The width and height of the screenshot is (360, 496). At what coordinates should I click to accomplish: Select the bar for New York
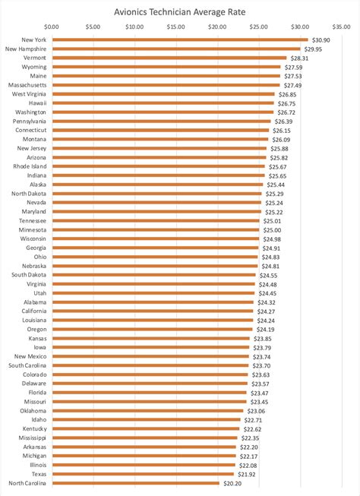click(179, 39)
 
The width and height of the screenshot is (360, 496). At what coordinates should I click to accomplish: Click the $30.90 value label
click(321, 39)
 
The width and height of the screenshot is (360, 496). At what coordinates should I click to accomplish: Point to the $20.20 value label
click(232, 482)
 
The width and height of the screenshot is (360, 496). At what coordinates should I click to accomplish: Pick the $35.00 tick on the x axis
click(342, 27)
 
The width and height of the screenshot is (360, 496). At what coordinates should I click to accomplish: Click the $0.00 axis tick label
click(52, 27)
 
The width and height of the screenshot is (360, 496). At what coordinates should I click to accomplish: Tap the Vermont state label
click(35, 57)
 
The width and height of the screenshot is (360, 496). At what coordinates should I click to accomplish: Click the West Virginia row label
click(30, 93)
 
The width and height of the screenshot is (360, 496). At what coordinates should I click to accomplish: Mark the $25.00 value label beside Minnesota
click(272, 229)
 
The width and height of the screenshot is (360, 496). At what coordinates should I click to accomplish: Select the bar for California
click(153, 311)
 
